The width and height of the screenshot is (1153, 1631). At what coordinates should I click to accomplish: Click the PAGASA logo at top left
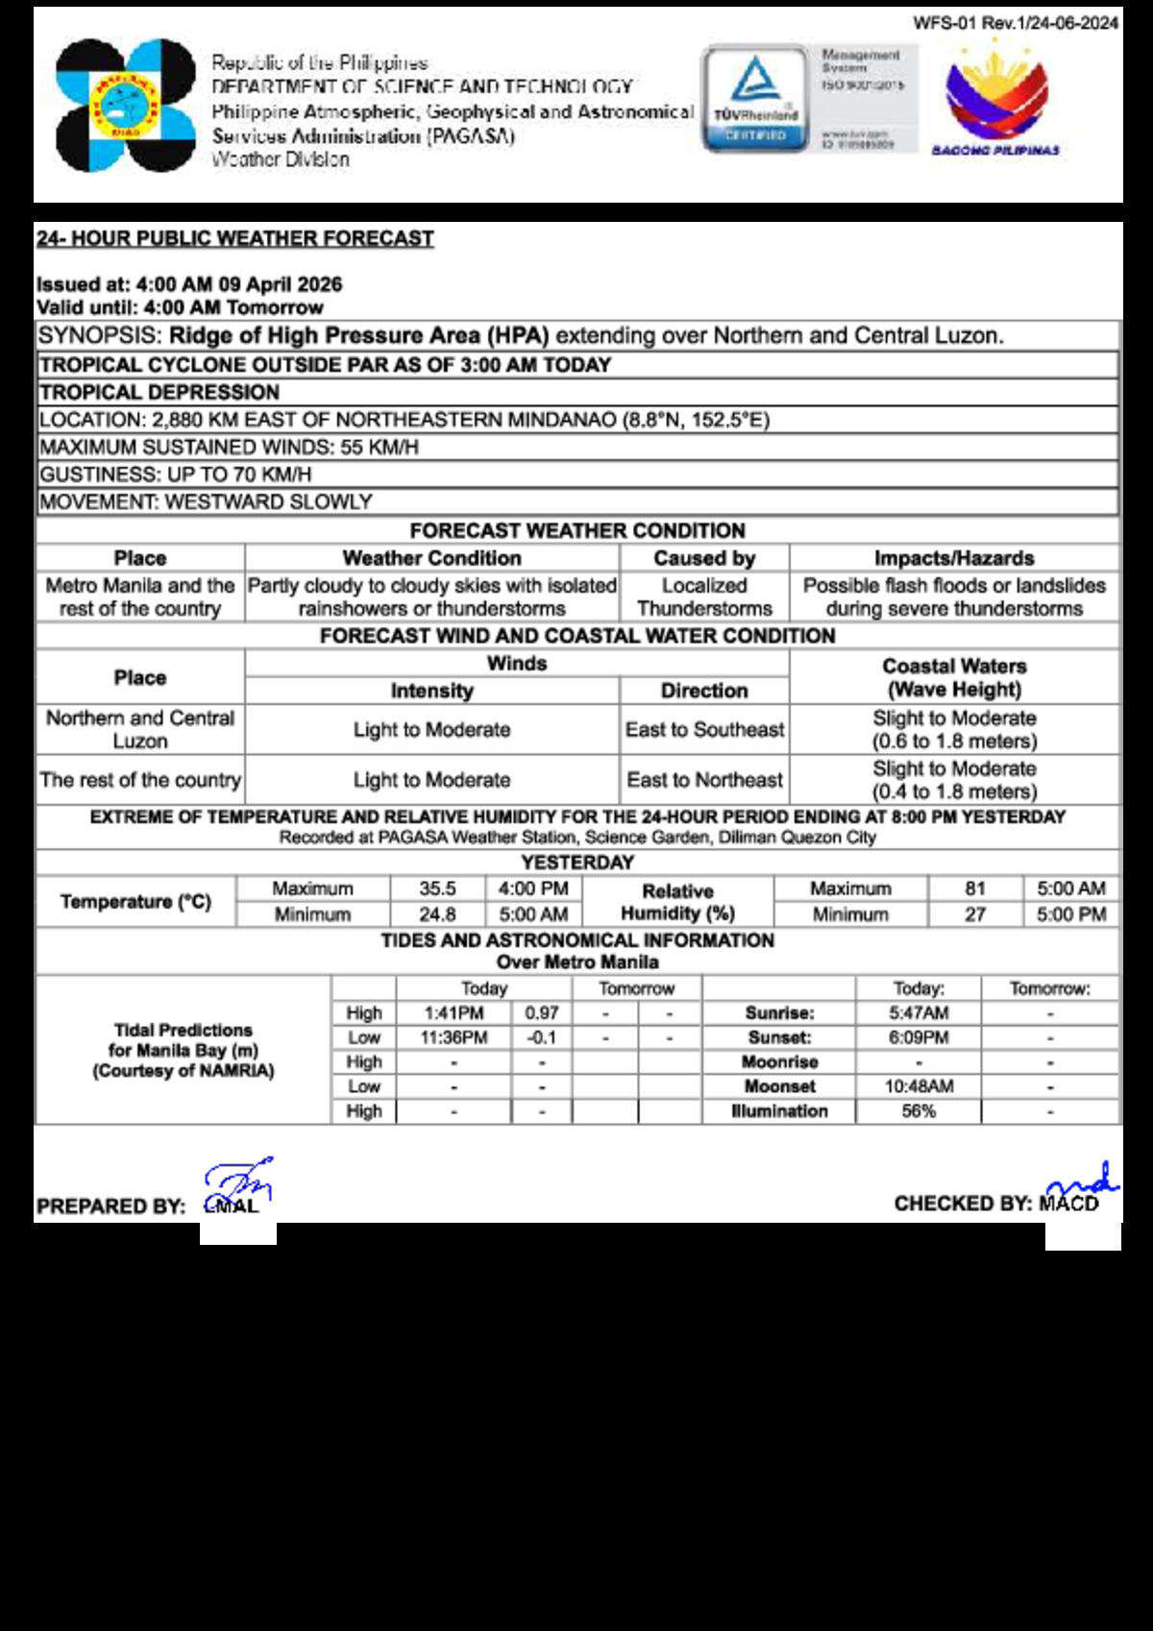(x=125, y=106)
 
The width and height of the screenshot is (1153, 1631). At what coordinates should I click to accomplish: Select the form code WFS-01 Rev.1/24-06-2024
(x=1016, y=23)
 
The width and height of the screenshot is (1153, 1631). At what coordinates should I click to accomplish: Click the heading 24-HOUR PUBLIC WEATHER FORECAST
(x=235, y=238)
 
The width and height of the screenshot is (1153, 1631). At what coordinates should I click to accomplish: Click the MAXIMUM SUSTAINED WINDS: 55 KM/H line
(x=229, y=447)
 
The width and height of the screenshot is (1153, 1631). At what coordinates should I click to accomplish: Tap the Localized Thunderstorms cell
(x=704, y=596)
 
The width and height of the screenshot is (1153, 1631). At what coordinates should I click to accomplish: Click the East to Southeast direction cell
(x=704, y=730)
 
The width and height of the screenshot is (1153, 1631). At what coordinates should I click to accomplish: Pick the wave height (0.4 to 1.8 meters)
(x=954, y=791)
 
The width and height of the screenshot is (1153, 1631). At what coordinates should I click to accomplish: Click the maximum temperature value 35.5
(x=437, y=889)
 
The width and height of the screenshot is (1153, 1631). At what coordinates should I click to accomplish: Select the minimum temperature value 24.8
(x=437, y=914)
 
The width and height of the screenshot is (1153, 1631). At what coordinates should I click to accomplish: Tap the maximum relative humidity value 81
(x=975, y=889)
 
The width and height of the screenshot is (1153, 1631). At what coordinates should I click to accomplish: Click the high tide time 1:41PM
(x=454, y=1013)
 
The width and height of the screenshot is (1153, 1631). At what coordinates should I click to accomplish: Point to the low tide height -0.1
(x=542, y=1037)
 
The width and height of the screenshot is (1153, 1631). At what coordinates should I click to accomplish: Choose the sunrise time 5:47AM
(x=919, y=1013)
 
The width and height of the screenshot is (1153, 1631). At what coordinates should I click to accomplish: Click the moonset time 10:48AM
(x=919, y=1086)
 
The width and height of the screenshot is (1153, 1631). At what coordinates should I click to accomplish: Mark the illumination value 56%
(x=919, y=1111)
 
